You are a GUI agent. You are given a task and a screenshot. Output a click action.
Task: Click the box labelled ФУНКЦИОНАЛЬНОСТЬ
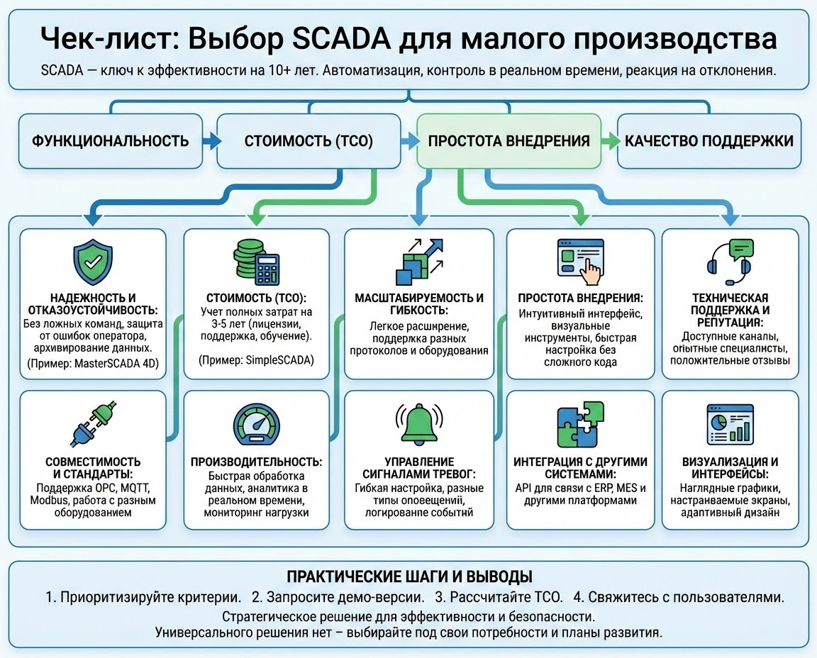tap(111, 140)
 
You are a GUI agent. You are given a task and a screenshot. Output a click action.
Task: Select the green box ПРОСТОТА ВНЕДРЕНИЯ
tap(508, 140)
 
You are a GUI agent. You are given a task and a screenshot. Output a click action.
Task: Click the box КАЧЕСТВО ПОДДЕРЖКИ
tap(709, 140)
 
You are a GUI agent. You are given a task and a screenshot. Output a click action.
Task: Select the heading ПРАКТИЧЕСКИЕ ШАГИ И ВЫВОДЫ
tap(408, 576)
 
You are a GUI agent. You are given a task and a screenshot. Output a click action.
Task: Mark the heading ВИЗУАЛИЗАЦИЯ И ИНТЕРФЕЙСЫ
tap(735, 469)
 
